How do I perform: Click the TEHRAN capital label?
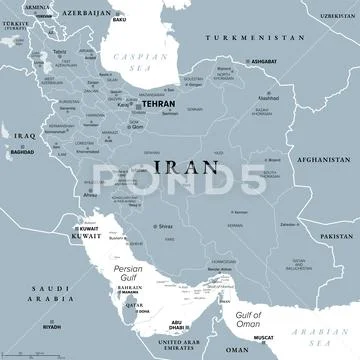click(x=157, y=102)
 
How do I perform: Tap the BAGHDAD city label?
click(x=22, y=151)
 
